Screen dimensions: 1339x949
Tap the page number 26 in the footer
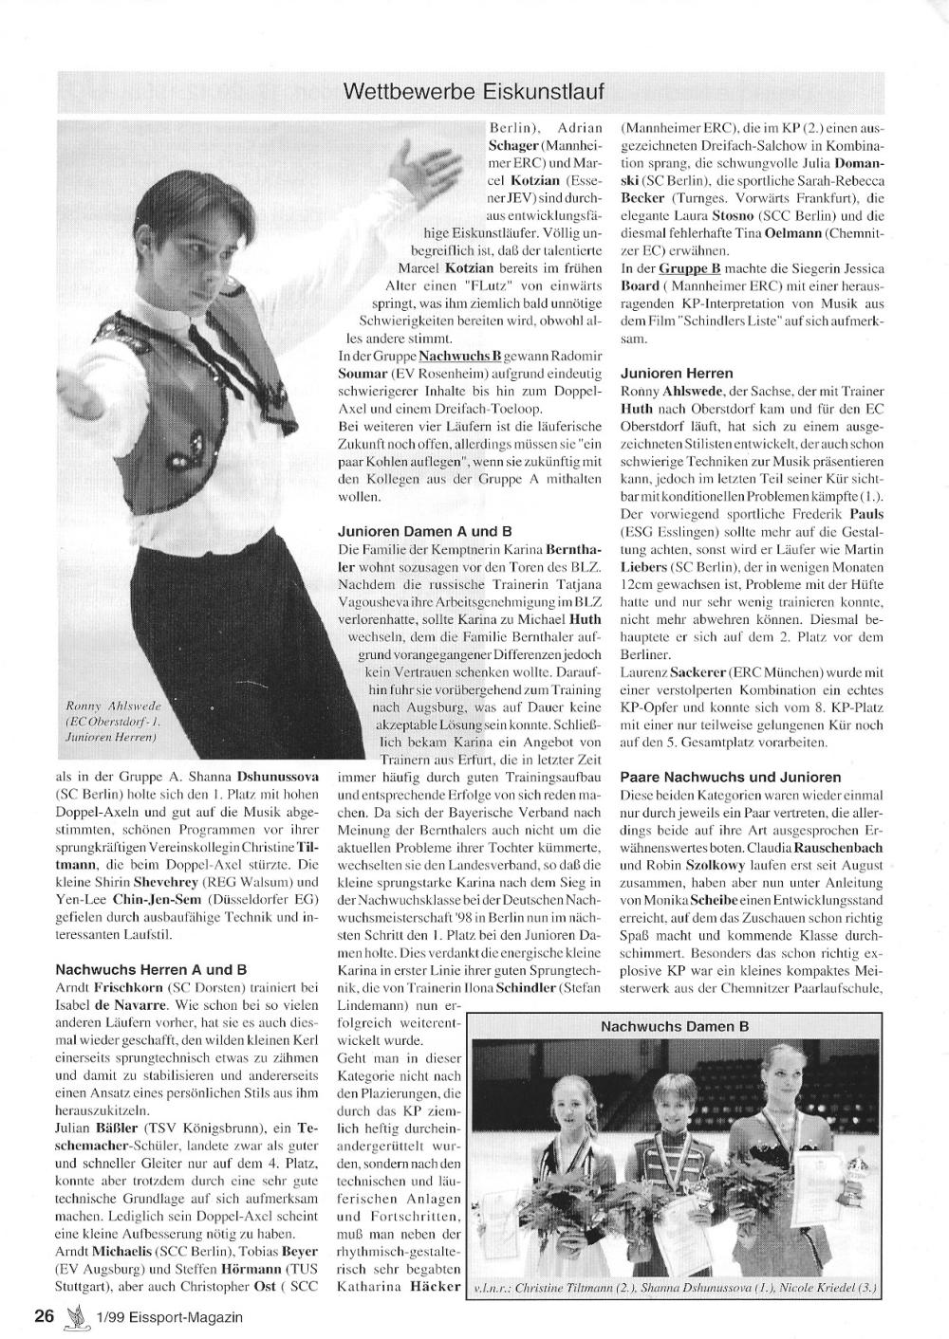pos(43,1316)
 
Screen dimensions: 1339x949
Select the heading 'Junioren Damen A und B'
pos(425,531)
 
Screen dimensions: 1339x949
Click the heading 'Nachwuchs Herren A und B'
pos(151,969)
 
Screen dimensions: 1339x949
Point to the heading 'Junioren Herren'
pos(677,374)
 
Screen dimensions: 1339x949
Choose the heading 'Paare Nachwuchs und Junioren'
pos(731,777)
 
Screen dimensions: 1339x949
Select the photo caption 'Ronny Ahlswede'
pos(115,706)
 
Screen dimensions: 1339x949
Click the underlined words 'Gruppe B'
pos(690,269)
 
